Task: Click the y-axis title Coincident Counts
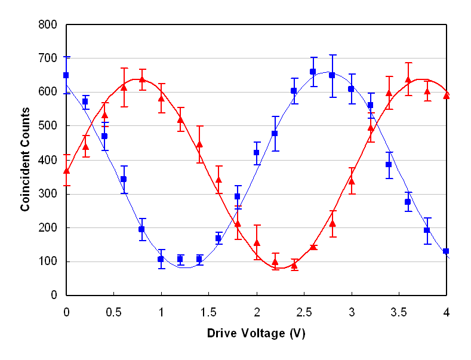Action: pos(25,159)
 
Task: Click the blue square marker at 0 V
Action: pos(66,75)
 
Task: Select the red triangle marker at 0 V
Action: pos(66,171)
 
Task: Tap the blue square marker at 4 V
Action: pos(446,251)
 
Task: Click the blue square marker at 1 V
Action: pos(161,259)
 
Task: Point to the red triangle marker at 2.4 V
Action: pos(294,265)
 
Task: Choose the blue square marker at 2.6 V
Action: pos(313,72)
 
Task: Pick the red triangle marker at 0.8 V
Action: pos(142,79)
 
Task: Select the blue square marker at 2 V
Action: pos(257,153)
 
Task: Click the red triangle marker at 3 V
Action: pos(352,181)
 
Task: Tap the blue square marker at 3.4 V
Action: pos(389,165)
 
